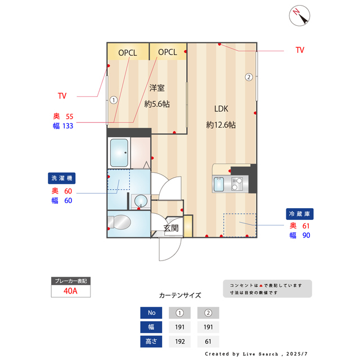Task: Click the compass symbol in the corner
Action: point(300,16)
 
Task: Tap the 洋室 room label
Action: point(157,88)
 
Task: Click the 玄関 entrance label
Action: point(171,228)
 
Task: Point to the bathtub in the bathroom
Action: point(119,152)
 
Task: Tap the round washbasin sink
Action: point(139,201)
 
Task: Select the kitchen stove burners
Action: point(237,184)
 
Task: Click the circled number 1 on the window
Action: point(113,101)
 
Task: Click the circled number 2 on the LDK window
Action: point(248,77)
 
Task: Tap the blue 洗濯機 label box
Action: point(62,178)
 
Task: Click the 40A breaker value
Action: point(70,291)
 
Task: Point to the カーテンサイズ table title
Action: point(179,295)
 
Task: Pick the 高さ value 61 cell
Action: point(208,341)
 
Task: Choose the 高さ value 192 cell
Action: point(179,341)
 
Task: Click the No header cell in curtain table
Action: point(151,313)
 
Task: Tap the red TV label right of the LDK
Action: point(300,50)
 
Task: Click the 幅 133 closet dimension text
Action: point(63,126)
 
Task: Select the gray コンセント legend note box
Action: point(267,289)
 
